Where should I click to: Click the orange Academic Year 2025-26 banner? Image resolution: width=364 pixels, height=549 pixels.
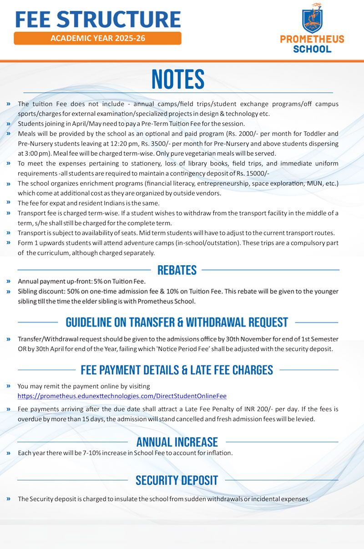[97, 38]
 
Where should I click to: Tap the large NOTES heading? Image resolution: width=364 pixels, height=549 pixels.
[178, 80]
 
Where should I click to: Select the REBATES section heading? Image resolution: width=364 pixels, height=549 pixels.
[177, 270]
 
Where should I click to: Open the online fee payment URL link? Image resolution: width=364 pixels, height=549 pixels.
[122, 396]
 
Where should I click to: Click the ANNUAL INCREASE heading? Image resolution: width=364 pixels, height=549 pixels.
[177, 442]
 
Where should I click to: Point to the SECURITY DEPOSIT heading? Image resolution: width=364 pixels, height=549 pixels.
[177, 480]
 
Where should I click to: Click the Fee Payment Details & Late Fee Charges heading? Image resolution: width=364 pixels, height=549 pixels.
[177, 370]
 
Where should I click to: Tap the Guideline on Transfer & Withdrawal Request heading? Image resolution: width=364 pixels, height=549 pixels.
[177, 322]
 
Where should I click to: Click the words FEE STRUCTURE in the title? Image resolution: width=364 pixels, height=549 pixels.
[98, 19]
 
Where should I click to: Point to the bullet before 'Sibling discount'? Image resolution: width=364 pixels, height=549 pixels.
[9, 291]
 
